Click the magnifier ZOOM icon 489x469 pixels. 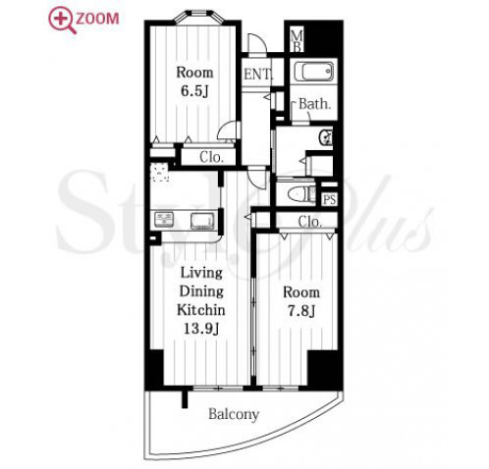coord(62,21)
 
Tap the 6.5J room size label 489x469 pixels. coord(194,91)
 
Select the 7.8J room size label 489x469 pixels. coord(301,311)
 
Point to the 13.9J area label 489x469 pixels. coord(201,329)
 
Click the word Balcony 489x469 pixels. coord(234,415)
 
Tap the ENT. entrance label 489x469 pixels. coord(258,75)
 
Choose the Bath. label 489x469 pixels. coord(314,104)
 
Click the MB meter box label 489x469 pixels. coord(298,40)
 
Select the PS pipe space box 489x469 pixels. coord(329,199)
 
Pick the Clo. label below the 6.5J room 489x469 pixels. coord(211,158)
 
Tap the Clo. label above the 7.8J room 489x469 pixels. coord(309,222)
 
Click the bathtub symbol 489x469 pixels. coord(313,72)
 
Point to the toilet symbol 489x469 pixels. coord(299,194)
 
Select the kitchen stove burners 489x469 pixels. coord(163,220)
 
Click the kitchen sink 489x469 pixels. coord(202,221)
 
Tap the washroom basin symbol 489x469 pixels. coord(325,137)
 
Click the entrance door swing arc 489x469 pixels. coord(257,39)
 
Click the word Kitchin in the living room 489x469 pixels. coord(201,310)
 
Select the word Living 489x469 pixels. coord(201,274)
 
